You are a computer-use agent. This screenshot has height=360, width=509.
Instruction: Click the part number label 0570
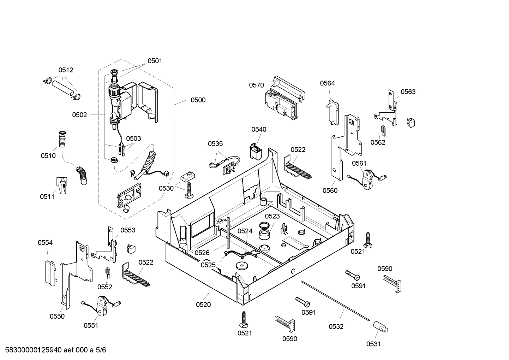pyautogui.click(x=256, y=85)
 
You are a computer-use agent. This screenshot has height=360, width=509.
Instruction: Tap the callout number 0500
pyautogui.click(x=198, y=100)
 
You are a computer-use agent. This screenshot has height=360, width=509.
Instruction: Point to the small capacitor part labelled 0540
pyautogui.click(x=256, y=152)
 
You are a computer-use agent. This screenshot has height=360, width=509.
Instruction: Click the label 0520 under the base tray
pyautogui.click(x=203, y=305)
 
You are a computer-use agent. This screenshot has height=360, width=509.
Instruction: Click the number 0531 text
pyautogui.click(x=373, y=344)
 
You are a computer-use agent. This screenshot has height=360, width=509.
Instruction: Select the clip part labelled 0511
pyautogui.click(x=61, y=185)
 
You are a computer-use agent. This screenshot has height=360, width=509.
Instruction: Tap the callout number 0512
pyautogui.click(x=66, y=70)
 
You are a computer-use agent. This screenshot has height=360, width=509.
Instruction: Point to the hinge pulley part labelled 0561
pyautogui.click(x=369, y=179)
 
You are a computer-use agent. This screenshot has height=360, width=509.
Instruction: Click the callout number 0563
pyautogui.click(x=408, y=92)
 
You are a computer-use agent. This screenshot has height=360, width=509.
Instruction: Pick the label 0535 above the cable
pyautogui.click(x=215, y=144)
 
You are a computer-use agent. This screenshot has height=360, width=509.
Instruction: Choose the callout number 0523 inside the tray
pyautogui.click(x=272, y=216)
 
